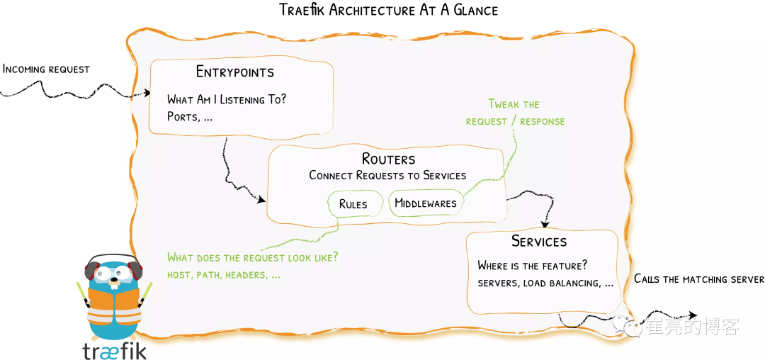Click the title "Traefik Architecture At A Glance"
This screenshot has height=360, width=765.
[388, 10]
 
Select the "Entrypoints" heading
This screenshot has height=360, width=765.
[234, 72]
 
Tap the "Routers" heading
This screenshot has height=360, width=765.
[388, 158]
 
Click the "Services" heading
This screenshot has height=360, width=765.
[539, 242]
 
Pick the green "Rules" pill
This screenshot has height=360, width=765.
[353, 204]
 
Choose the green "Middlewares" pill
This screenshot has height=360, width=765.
[425, 204]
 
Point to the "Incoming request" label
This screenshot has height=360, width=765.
[46, 69]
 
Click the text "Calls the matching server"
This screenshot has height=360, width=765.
[698, 279]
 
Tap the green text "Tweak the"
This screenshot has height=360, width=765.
[514, 104]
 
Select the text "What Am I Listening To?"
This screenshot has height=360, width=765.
[227, 100]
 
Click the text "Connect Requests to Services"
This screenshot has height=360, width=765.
[387, 175]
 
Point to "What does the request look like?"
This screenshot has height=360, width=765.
[252, 257]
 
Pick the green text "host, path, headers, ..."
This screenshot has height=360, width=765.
[224, 274]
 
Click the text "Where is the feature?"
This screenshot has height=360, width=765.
[533, 266]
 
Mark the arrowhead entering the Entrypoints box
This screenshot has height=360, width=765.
[147, 93]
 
